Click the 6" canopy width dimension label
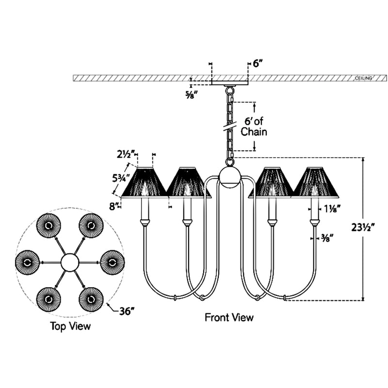[x=258, y=64]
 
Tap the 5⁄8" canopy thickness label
[x=192, y=95]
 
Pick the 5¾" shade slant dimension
[x=121, y=178]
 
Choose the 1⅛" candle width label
[x=330, y=209]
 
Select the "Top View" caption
[x=70, y=326]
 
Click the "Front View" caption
[x=229, y=318]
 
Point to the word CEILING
[x=363, y=78]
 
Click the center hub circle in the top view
[x=69, y=262]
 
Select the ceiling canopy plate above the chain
[x=230, y=82]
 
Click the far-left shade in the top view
[x=27, y=262]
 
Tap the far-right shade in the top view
[x=112, y=262]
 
